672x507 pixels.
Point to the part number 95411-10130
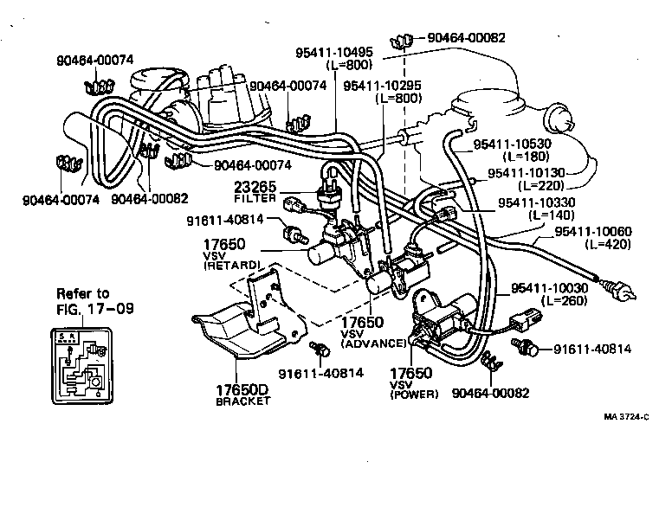(527, 173)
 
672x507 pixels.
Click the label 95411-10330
(536, 202)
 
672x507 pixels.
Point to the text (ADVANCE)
(373, 343)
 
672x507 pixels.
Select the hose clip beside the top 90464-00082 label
(401, 40)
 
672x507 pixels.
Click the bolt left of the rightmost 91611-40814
(522, 350)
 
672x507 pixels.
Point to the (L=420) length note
(604, 245)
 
